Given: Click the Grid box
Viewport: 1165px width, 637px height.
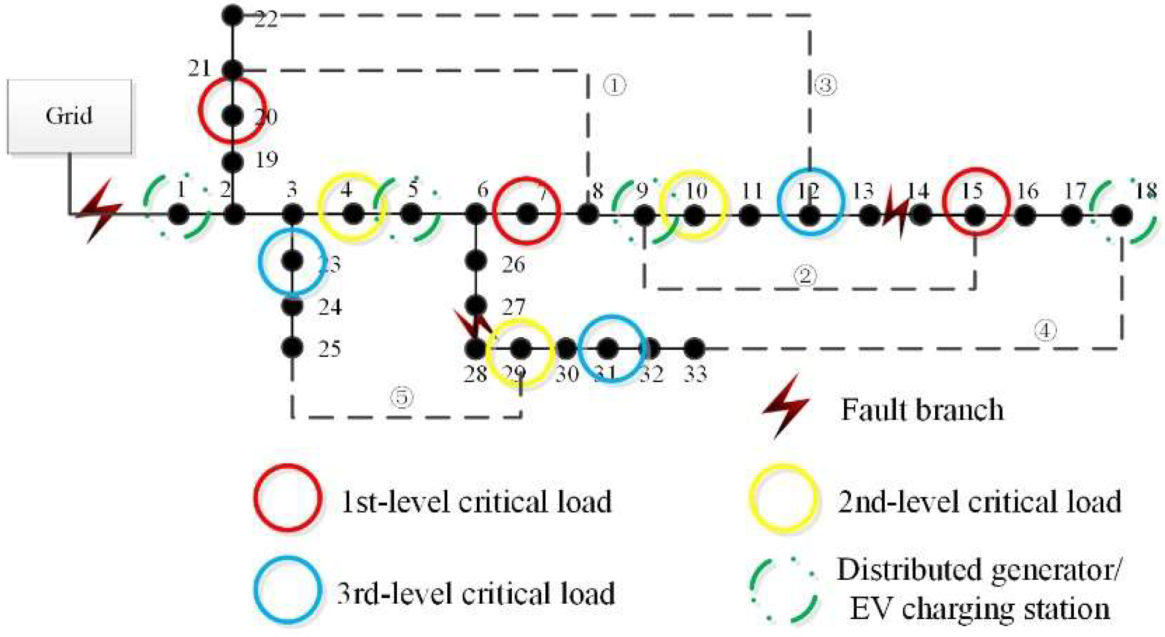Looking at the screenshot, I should point(70,116).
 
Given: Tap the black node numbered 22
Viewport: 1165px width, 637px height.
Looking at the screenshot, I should point(233,16).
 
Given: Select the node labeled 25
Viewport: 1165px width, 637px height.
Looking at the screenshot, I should point(292,348).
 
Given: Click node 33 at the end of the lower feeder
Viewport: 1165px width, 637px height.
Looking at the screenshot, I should point(694,349).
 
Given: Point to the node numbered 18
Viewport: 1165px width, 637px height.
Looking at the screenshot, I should point(1122,215).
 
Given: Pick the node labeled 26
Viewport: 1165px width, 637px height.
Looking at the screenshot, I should point(476,260).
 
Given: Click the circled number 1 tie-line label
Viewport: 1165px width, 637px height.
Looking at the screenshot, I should point(614,85).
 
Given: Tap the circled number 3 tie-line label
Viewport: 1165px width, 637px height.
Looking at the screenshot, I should point(825,85).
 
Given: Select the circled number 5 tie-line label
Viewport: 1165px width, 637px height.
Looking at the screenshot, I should point(402,397).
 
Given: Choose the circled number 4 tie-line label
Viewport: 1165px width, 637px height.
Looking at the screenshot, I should point(1045,330).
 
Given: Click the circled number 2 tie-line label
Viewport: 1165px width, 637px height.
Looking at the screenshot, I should point(805,275).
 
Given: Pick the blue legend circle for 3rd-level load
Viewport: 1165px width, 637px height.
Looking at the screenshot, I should point(288,590).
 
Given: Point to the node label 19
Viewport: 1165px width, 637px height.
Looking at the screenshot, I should point(266,160).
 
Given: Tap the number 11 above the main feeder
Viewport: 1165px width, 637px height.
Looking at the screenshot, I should point(752,191).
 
